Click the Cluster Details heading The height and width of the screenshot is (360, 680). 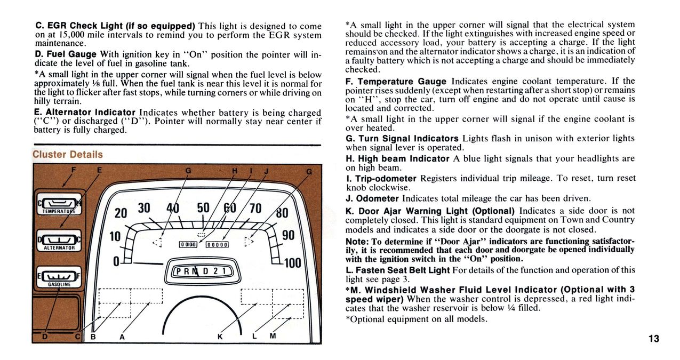pyautogui.click(x=68, y=155)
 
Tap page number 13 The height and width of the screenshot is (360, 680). pyautogui.click(x=654, y=339)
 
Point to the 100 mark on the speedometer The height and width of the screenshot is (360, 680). pyautogui.click(x=293, y=263)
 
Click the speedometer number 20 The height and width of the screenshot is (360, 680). pyautogui.click(x=121, y=213)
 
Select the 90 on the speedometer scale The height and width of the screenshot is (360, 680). pyautogui.click(x=288, y=235)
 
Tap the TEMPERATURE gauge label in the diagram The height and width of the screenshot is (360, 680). pyautogui.click(x=58, y=211)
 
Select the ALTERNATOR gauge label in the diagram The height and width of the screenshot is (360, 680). pyautogui.click(x=59, y=247)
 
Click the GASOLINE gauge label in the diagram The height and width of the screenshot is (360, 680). pyautogui.click(x=57, y=284)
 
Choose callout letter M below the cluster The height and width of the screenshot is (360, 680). pyautogui.click(x=273, y=336)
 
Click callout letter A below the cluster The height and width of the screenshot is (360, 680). pyautogui.click(x=122, y=337)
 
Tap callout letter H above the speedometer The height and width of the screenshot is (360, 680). pyautogui.click(x=235, y=171)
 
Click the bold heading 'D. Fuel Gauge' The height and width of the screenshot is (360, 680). pyautogui.click(x=66, y=54)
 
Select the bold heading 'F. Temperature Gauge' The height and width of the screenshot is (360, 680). pyautogui.click(x=396, y=82)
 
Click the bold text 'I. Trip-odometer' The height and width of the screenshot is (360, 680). pyautogui.click(x=381, y=178)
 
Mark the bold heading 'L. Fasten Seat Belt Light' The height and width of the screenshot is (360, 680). pyautogui.click(x=397, y=270)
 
